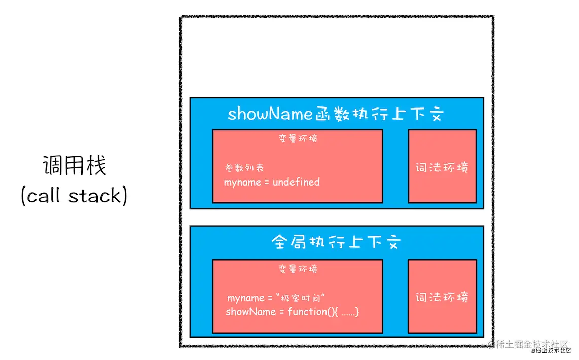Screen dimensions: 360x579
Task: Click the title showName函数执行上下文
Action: click(336, 114)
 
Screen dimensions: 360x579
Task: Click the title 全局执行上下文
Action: click(336, 242)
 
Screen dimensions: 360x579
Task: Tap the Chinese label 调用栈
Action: click(74, 166)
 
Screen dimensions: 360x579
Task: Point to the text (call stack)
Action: click(74, 196)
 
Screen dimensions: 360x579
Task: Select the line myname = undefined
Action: click(272, 182)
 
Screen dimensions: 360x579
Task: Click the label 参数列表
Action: click(244, 168)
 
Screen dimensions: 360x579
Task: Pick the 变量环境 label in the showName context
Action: click(298, 138)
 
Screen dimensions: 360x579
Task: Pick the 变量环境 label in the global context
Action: click(298, 269)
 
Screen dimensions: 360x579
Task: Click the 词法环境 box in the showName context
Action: click(442, 166)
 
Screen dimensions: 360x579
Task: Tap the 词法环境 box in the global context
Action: click(442, 297)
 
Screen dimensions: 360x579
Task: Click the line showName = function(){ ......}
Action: click(293, 312)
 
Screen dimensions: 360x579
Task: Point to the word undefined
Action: click(296, 182)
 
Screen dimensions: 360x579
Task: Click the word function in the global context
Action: click(307, 312)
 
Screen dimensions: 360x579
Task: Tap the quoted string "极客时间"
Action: click(306, 298)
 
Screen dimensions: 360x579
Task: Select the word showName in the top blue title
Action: click(269, 114)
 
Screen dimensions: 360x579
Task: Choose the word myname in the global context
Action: click(245, 298)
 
